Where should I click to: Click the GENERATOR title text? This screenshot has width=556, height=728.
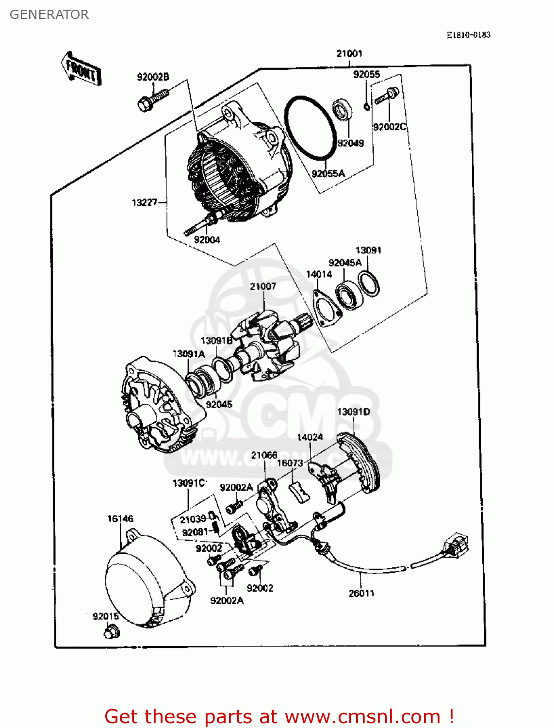(x=49, y=15)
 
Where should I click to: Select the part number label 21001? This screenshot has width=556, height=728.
(x=349, y=53)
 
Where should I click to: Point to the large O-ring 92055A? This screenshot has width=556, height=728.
(x=311, y=127)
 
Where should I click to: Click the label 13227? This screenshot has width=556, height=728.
(x=145, y=202)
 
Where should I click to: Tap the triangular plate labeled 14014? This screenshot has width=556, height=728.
(x=327, y=308)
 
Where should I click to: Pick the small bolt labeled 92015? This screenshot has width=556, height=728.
(x=112, y=632)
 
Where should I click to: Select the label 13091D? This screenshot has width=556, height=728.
(x=353, y=412)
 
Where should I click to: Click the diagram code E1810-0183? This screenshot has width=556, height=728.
(x=468, y=35)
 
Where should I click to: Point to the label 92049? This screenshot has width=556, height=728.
(x=350, y=143)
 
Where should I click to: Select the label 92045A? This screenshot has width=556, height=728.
(x=345, y=263)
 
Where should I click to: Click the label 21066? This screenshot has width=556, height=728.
(x=264, y=455)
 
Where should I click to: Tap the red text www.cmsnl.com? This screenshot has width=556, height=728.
(x=362, y=717)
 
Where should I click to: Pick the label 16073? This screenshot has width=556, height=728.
(x=290, y=463)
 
